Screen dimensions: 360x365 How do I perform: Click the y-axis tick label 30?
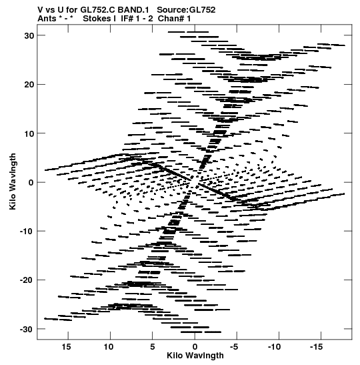(x=29, y=35)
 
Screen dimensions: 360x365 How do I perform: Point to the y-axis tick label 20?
(x=29, y=85)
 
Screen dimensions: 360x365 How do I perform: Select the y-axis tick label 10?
(x=29, y=133)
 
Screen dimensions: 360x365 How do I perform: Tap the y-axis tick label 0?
(x=31, y=183)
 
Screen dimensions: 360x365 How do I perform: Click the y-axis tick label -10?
(x=27, y=232)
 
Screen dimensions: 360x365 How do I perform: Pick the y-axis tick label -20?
(x=27, y=280)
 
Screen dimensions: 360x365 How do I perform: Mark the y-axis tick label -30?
(x=27, y=329)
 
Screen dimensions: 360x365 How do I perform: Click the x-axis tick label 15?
(x=66, y=347)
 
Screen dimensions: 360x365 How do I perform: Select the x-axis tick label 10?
(x=109, y=347)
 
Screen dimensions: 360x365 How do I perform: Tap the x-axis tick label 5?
(x=152, y=347)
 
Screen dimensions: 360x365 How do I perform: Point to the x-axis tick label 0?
(x=195, y=347)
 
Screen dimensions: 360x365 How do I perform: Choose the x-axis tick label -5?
(x=234, y=347)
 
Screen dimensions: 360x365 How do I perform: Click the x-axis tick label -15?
(x=316, y=347)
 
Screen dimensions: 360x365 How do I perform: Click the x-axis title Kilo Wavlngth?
(x=195, y=356)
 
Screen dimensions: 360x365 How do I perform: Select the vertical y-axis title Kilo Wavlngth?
(x=13, y=181)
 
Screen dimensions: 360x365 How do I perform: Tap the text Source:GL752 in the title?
(x=186, y=10)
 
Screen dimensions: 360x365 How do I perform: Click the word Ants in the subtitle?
(x=47, y=19)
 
